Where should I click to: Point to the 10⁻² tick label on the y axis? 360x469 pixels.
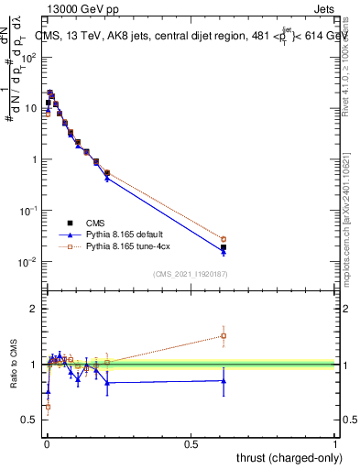point(28,262)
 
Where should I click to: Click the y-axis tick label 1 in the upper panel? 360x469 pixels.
point(34,159)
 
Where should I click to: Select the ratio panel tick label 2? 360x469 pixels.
point(34,309)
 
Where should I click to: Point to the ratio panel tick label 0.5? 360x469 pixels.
point(29,420)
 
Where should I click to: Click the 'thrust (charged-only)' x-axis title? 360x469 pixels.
point(290,458)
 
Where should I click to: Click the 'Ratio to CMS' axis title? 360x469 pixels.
point(12,364)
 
